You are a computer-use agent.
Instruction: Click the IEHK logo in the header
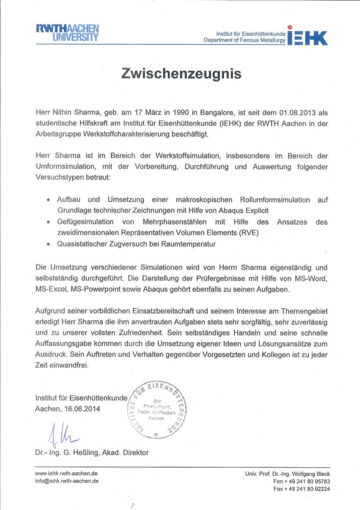coord(307,35)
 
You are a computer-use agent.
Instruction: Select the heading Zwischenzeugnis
coord(181,74)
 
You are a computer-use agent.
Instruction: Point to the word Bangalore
coord(205,113)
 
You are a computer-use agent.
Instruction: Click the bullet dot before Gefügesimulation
coord(48,222)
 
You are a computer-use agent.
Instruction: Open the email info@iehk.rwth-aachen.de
coord(67,481)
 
